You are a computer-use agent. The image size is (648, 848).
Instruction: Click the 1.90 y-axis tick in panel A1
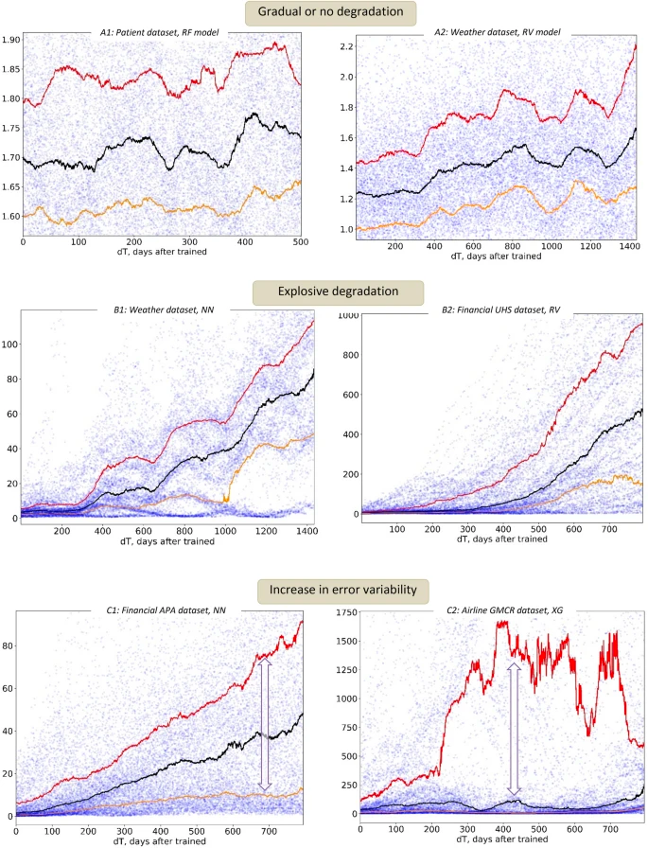[x=11, y=40]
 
